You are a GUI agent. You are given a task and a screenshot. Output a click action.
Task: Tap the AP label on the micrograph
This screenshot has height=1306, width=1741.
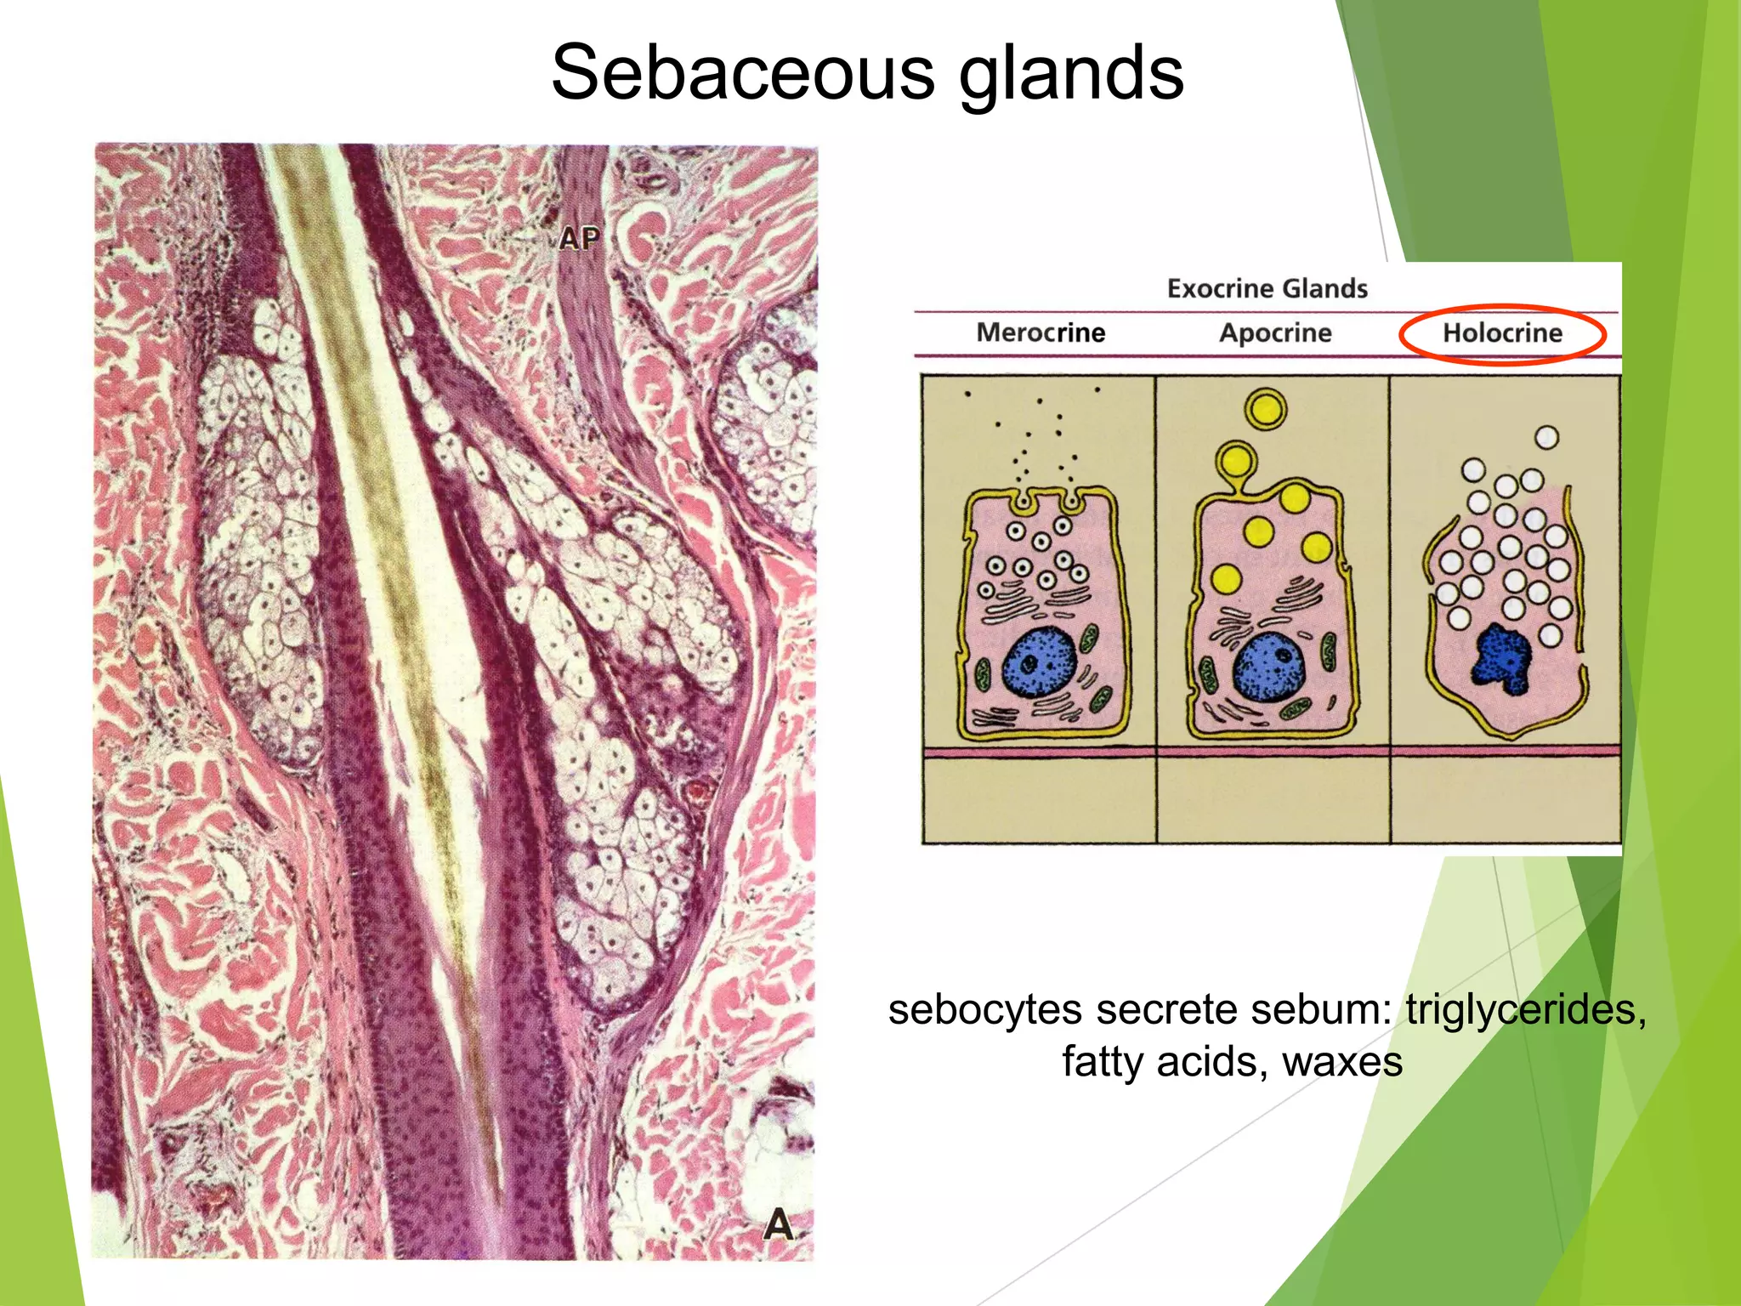click(580, 239)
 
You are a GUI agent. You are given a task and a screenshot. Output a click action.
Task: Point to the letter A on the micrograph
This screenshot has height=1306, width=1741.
click(778, 1225)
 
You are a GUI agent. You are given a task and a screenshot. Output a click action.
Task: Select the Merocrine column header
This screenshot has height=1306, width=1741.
click(1041, 332)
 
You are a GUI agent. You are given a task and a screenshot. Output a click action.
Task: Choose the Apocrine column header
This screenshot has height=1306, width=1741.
click(1275, 332)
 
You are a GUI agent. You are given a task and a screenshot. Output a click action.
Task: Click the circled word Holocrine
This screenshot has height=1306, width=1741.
click(1502, 332)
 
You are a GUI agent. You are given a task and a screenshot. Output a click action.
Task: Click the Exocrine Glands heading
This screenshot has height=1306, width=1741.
click(1267, 288)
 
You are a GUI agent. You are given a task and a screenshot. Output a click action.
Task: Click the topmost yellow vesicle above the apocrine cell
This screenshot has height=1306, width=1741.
click(1266, 409)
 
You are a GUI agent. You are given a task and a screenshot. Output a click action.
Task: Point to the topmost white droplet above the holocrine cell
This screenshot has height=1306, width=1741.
click(1546, 437)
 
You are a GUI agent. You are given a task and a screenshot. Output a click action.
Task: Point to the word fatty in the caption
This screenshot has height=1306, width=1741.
click(1103, 1062)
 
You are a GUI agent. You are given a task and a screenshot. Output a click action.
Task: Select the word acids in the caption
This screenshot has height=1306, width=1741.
click(1211, 1062)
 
